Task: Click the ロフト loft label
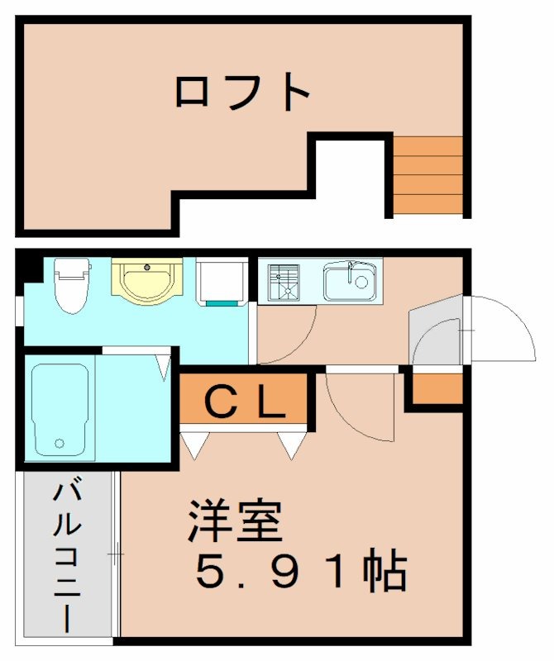coord(241,92)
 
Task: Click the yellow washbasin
coord(147,281)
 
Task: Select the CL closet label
coord(245,402)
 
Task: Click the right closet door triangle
coord(292,445)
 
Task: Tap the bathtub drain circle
coord(60,443)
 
